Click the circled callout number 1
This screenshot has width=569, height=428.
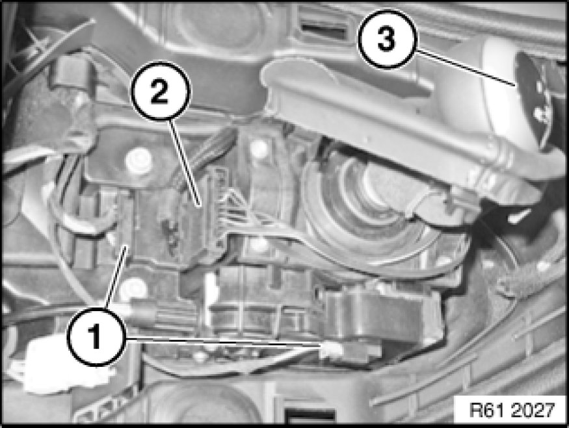96,336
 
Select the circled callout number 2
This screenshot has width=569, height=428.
160,91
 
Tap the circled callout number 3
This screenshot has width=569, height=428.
387,39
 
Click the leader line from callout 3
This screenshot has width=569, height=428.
464,68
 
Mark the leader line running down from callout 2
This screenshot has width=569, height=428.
185,163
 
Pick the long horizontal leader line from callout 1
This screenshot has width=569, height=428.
223,342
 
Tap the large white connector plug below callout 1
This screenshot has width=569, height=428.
55,366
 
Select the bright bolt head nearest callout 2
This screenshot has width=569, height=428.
137,160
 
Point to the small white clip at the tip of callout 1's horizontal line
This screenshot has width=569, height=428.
331,349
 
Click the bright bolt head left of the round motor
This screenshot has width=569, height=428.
260,148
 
